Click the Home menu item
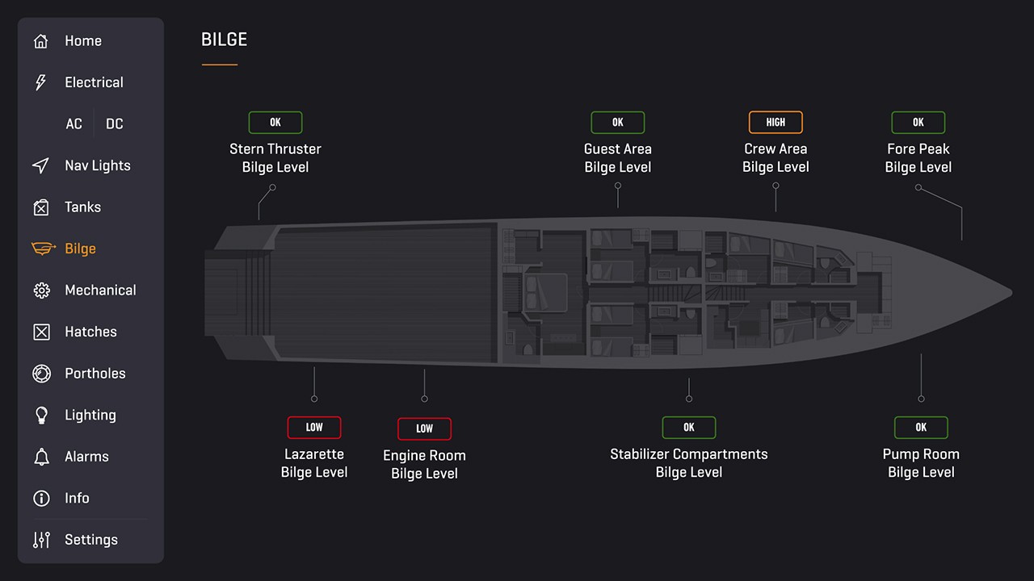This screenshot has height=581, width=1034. (82, 41)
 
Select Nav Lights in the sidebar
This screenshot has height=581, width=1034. (97, 165)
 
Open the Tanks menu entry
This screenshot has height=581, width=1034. (82, 207)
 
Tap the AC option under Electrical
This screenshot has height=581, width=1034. (74, 124)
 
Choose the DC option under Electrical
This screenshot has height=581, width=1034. (115, 124)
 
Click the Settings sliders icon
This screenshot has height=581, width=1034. (41, 540)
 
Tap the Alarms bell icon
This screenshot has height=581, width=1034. (41, 457)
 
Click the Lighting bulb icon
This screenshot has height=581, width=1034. (41, 415)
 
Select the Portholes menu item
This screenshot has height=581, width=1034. (95, 374)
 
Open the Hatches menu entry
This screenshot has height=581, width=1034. (90, 332)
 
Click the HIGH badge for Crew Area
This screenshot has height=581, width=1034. (775, 123)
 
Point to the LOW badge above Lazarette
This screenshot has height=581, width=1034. (314, 428)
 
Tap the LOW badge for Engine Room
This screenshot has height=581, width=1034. (424, 428)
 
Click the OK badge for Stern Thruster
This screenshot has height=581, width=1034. (275, 123)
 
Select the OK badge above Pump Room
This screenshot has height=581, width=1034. (921, 428)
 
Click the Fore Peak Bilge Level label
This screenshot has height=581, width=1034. (918, 158)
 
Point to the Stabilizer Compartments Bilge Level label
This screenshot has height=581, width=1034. (689, 463)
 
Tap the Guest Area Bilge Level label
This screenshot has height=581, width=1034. (618, 158)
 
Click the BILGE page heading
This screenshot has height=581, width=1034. (224, 40)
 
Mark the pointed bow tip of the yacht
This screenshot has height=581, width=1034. (1010, 293)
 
